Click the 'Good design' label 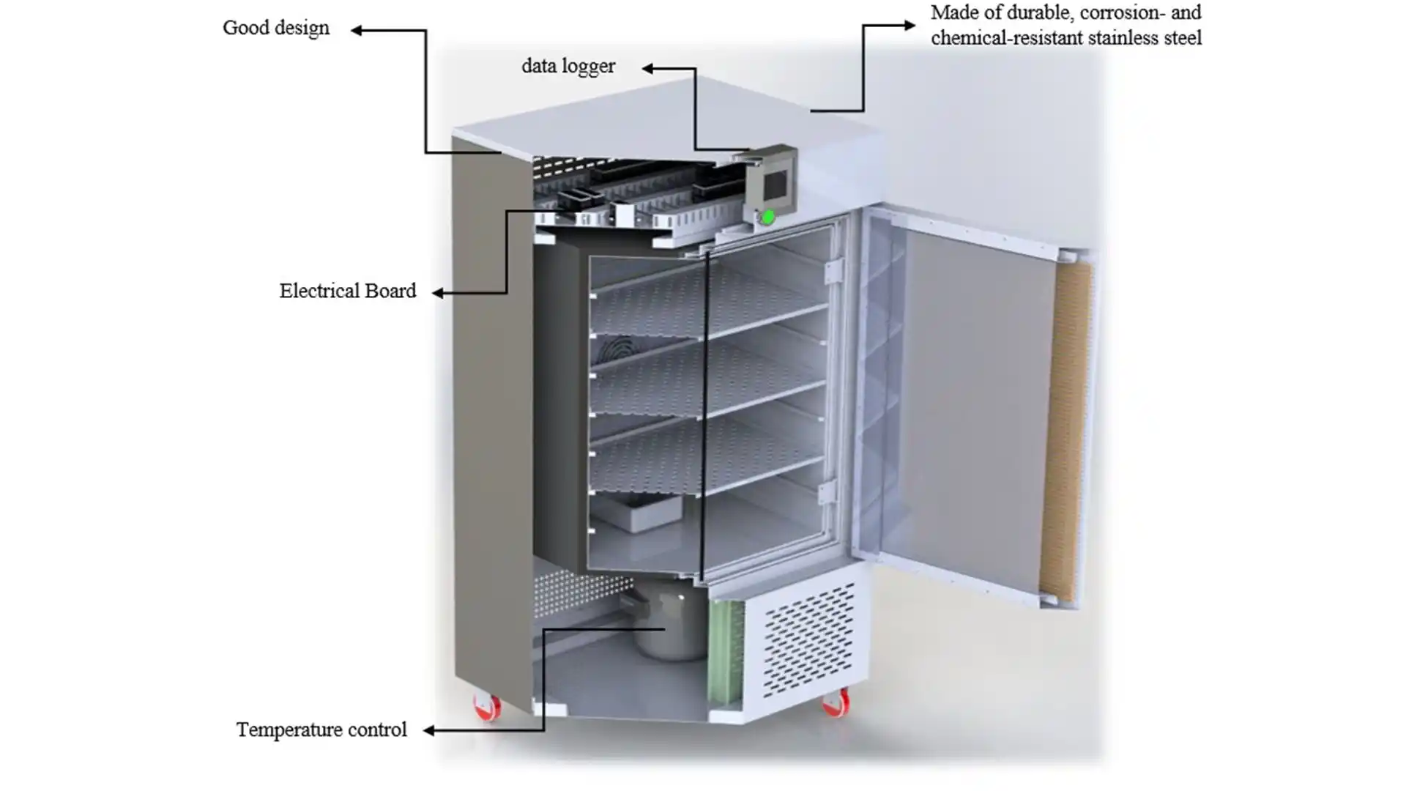(x=276, y=29)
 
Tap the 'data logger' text (x=568, y=67)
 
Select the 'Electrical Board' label (x=347, y=291)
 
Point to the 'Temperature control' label (x=321, y=730)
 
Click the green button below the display (x=768, y=217)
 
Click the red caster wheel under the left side (x=488, y=708)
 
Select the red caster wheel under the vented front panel (x=836, y=704)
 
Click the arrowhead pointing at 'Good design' (x=357, y=30)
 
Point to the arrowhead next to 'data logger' (x=648, y=69)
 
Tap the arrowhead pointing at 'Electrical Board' (x=437, y=293)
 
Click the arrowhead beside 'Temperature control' (x=429, y=730)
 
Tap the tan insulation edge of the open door (x=1065, y=432)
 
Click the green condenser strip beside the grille (x=725, y=652)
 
